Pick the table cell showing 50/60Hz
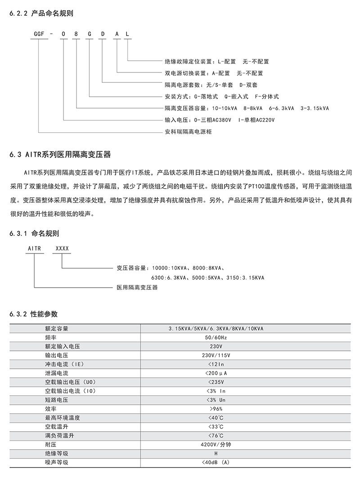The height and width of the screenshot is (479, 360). click(216, 337)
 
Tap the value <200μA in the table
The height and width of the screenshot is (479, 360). click(216, 373)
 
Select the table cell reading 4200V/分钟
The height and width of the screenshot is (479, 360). click(216, 444)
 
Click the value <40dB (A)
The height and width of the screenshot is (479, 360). click(216, 462)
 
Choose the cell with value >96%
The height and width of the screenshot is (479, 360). click(216, 409)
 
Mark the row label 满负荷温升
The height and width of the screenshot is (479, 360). click(59, 435)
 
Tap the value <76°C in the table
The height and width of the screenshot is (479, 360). click(216, 435)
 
